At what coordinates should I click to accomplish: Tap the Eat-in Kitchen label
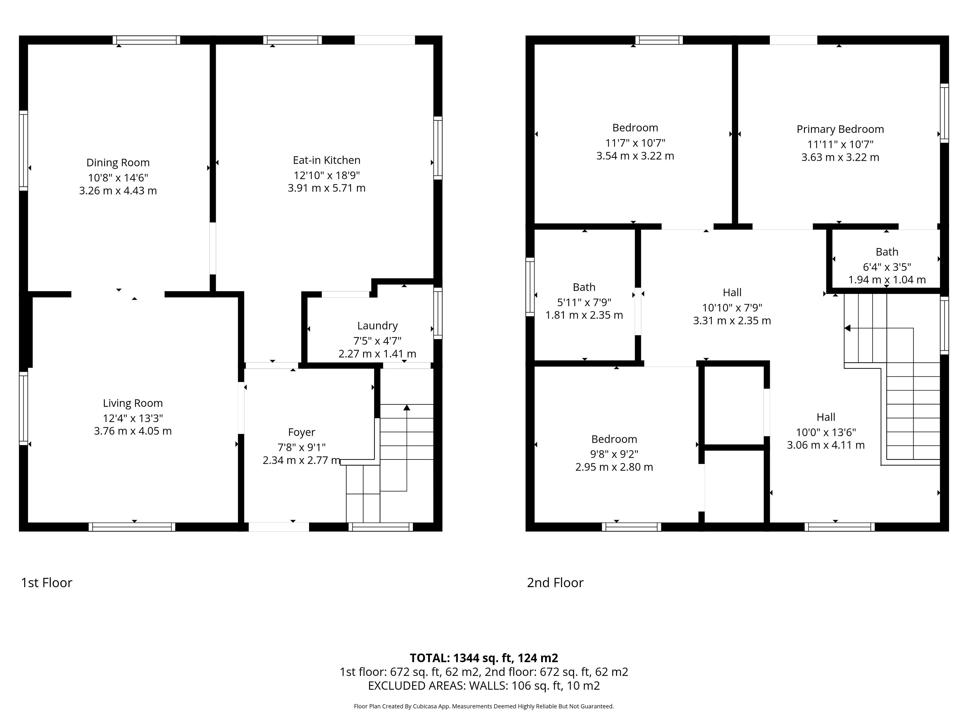tap(326, 160)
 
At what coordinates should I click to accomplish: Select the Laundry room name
tap(377, 326)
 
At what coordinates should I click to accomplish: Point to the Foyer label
tap(301, 432)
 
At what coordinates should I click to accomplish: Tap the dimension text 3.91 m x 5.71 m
tap(326, 188)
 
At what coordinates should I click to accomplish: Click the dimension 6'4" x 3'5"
tap(887, 267)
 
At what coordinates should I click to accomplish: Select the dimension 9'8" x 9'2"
tap(614, 454)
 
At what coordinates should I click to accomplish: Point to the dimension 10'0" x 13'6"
tap(826, 432)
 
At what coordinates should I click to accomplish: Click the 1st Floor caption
tap(46, 583)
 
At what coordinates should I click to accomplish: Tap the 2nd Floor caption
tap(555, 583)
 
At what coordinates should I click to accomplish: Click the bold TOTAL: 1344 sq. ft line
tap(484, 658)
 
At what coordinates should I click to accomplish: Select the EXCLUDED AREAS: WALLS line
tap(484, 686)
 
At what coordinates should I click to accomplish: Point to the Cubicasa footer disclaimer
tap(484, 706)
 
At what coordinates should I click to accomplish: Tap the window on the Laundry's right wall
tap(438, 313)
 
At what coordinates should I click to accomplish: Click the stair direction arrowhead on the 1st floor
tap(407, 407)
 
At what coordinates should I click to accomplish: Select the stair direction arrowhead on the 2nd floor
tap(847, 328)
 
